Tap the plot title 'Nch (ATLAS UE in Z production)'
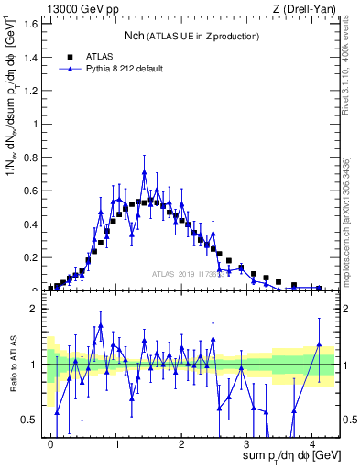191,36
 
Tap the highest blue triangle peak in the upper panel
144,172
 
